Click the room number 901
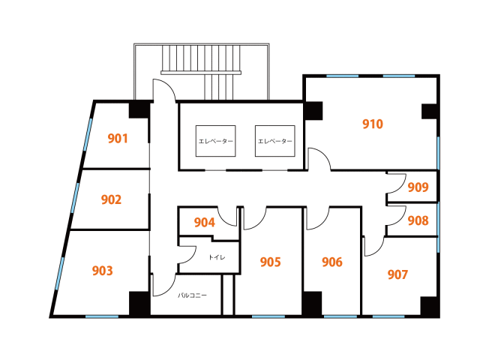118,138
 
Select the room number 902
111,199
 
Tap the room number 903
102,271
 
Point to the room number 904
205,223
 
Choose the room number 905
270,262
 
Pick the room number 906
332,262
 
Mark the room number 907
397,274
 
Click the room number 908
418,220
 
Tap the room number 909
418,187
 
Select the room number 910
373,124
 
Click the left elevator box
215,141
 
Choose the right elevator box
275,141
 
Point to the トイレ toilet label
217,257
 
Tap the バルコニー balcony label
192,295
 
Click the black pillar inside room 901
139,110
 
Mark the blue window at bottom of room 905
268,316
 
